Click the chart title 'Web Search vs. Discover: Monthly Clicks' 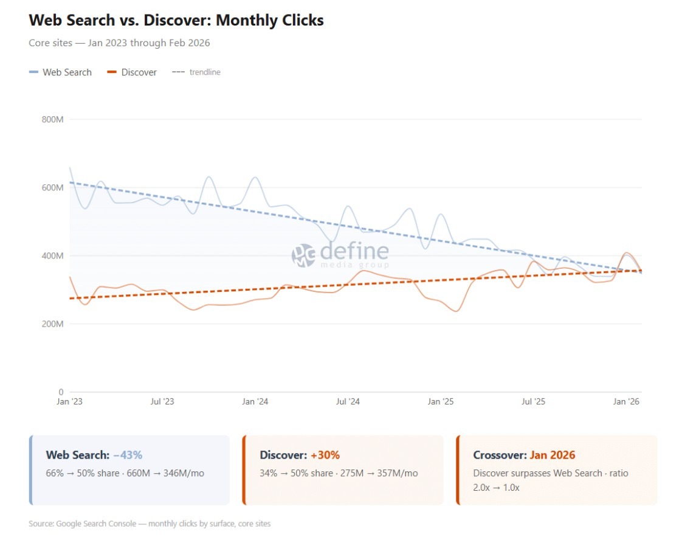[176, 20]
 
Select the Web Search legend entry [61, 72]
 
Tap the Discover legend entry [133, 72]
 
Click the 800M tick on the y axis [53, 120]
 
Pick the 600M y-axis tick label [53, 188]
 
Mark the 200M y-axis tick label [53, 324]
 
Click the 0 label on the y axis [61, 392]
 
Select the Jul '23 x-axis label [162, 402]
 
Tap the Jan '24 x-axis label [255, 402]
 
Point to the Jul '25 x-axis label [533, 402]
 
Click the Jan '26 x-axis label [626, 402]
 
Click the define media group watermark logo [340, 255]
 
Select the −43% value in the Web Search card [128, 455]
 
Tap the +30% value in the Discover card [325, 455]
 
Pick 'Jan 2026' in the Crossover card [553, 455]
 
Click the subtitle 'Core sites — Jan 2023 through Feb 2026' [120, 43]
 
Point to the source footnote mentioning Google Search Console [150, 524]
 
